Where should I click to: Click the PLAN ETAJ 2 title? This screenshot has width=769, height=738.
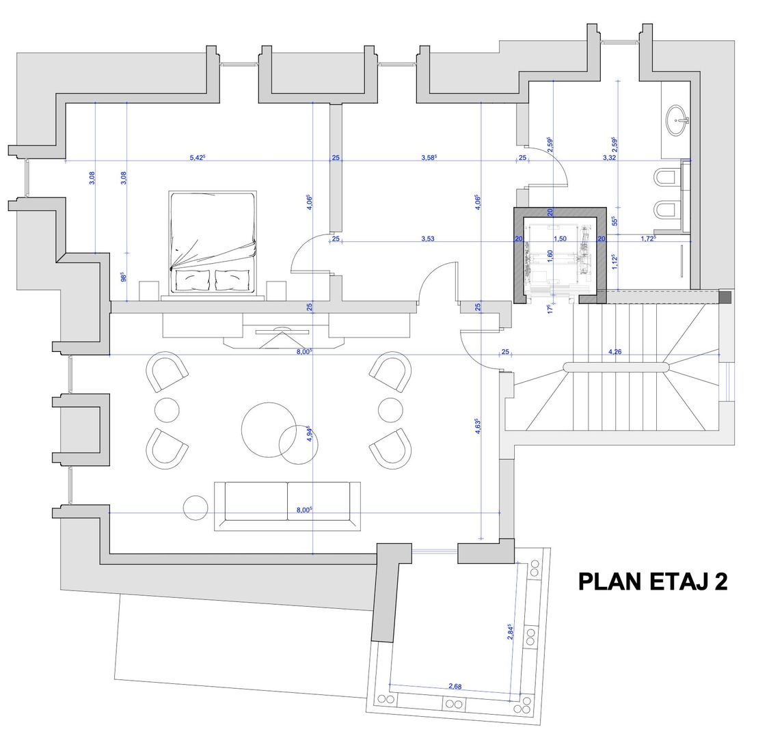point(652,581)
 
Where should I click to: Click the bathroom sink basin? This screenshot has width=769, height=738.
point(678,121)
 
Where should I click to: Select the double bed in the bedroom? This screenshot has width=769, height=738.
point(213,243)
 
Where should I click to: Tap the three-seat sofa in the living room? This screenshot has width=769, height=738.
point(287,505)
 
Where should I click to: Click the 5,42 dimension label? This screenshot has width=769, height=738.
point(197,158)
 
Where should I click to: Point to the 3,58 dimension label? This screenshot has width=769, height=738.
point(429,158)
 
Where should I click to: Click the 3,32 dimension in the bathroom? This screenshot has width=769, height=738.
point(610,158)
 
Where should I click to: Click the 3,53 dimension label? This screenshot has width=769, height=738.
point(427,238)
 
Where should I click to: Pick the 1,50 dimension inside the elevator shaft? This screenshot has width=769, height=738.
point(560,238)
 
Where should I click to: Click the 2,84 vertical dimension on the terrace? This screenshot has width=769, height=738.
point(510,631)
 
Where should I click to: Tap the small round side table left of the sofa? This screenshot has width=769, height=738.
point(196,506)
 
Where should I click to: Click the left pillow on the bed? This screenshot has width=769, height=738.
point(193,279)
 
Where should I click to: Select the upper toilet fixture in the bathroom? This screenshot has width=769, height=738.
point(665,178)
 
